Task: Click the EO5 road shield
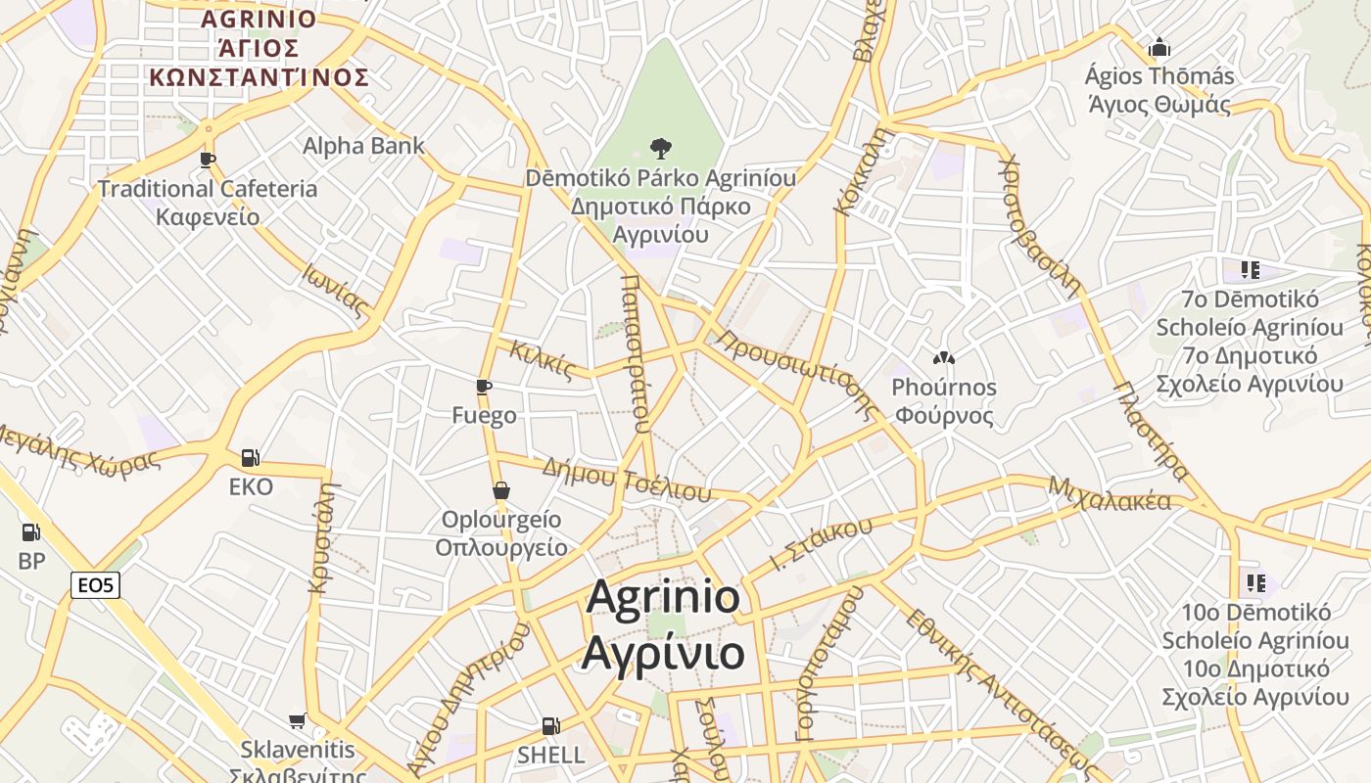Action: pyautogui.click(x=96, y=586)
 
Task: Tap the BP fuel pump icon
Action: pyautogui.click(x=31, y=533)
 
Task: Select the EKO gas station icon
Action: pyautogui.click(x=251, y=457)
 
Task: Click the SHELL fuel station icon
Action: pyautogui.click(x=551, y=726)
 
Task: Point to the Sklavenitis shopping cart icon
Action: pyautogui.click(x=297, y=721)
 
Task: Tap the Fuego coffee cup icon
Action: pyautogui.click(x=483, y=387)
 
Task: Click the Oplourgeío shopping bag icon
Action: pyautogui.click(x=501, y=490)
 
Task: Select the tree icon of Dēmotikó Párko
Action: pyautogui.click(x=661, y=149)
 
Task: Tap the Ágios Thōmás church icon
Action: pyautogui.click(x=1159, y=47)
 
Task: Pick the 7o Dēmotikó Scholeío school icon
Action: pyautogui.click(x=1250, y=269)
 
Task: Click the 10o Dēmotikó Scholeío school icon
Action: pyautogui.click(x=1255, y=584)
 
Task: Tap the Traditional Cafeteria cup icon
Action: pyautogui.click(x=207, y=160)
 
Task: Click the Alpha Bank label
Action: pyautogui.click(x=363, y=146)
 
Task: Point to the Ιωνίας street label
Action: pyautogui.click(x=336, y=291)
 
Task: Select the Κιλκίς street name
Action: pyautogui.click(x=542, y=358)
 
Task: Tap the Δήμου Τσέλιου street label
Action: pyautogui.click(x=626, y=479)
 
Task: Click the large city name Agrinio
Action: pyautogui.click(x=663, y=596)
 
